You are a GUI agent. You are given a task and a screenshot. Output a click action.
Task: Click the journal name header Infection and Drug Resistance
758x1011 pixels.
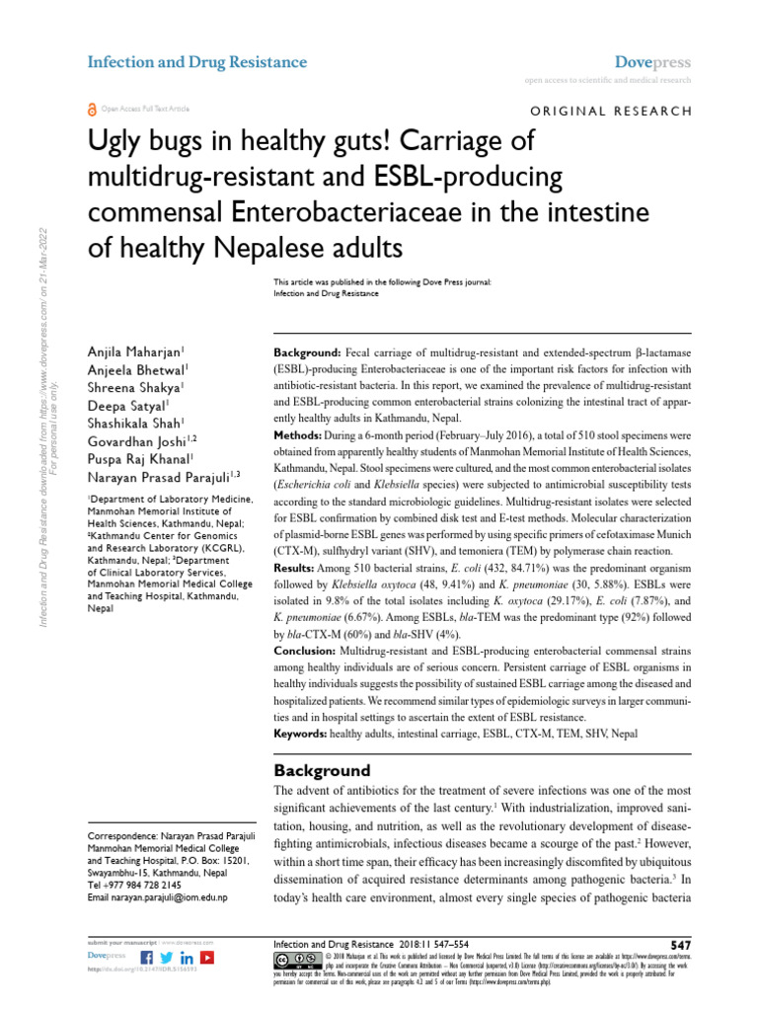click(x=197, y=62)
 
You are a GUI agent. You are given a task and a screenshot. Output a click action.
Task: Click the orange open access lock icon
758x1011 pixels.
click(x=93, y=110)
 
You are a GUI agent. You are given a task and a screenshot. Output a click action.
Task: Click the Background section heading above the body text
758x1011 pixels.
click(x=322, y=770)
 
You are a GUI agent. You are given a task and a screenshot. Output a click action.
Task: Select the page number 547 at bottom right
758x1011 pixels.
click(x=680, y=945)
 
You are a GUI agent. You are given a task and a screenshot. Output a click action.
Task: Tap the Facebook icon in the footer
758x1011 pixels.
click(x=147, y=958)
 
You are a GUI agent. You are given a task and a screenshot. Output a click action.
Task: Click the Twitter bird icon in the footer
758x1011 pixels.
click(x=167, y=958)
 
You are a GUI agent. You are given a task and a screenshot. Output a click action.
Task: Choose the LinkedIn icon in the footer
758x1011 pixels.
click(x=187, y=958)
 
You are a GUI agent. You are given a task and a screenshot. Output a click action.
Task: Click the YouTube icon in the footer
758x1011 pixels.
click(x=207, y=958)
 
